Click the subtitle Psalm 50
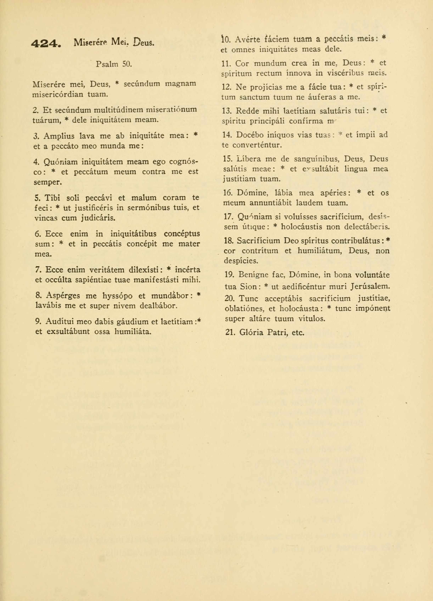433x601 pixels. pyautogui.click(x=114, y=64)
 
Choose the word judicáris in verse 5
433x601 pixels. pyautogui.click(x=98, y=218)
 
